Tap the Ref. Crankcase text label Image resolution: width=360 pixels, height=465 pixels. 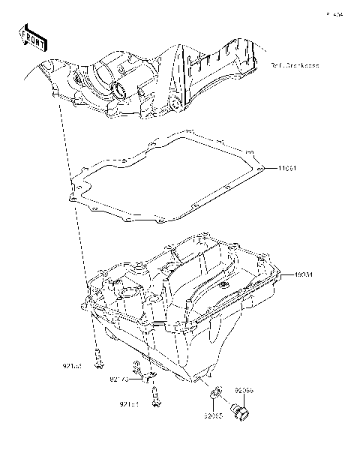pos(295,65)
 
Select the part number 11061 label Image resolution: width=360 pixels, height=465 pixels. pos(291,168)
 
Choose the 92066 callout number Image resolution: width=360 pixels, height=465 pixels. pos(244,390)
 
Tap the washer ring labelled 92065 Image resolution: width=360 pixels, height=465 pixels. pos(214,391)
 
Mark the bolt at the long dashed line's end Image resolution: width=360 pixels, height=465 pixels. pos(97,361)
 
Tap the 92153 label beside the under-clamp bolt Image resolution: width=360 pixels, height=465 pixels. pos(130,403)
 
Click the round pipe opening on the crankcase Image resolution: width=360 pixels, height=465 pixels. pos(118,92)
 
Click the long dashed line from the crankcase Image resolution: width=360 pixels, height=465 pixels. pos(78,225)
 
